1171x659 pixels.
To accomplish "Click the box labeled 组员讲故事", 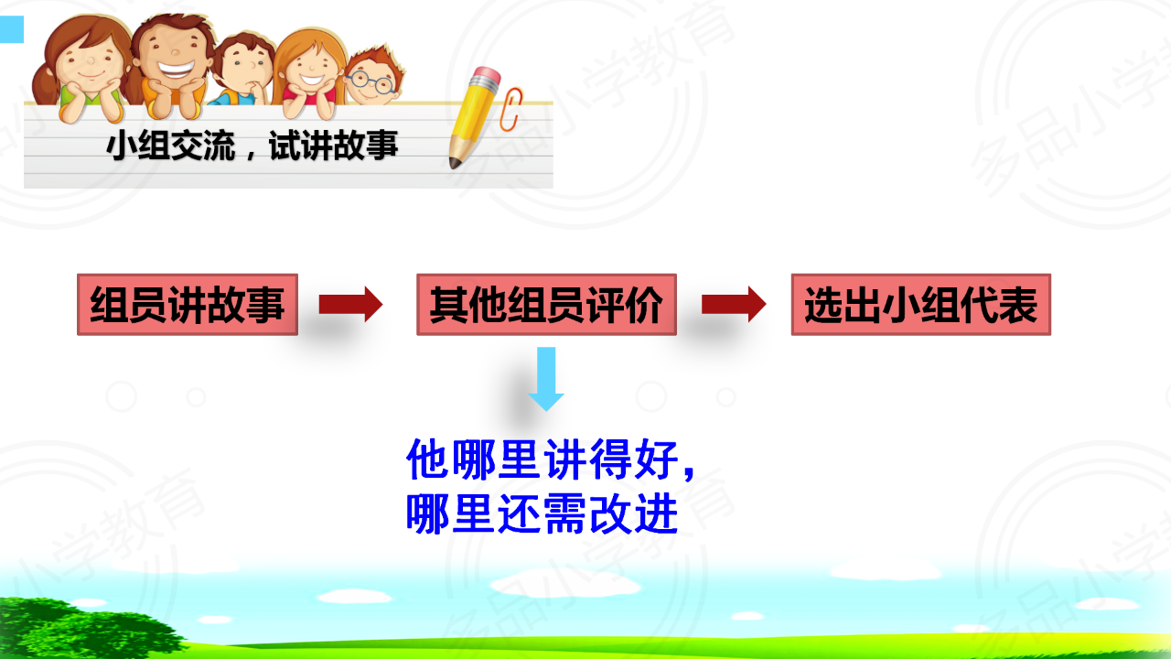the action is click(188, 305).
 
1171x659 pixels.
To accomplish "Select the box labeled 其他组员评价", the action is click(546, 305).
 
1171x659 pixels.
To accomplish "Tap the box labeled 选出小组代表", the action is click(921, 305).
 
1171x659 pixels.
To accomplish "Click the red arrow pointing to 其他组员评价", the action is click(350, 304).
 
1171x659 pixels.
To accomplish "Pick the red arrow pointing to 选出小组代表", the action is click(734, 304).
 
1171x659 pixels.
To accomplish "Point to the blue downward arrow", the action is click(546, 379).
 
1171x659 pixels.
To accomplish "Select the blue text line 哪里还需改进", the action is click(543, 514).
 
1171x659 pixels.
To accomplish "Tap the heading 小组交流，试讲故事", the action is click(252, 146).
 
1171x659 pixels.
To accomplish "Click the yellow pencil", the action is click(474, 118).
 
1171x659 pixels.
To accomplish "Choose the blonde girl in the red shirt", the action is click(310, 73).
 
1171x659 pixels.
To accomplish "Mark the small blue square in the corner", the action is click(12, 29).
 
